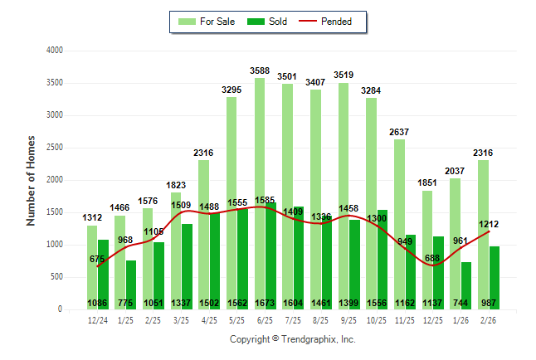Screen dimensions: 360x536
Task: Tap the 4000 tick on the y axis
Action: (54, 51)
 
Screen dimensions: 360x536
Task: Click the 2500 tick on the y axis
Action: (54, 148)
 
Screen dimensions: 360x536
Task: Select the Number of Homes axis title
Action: (31, 180)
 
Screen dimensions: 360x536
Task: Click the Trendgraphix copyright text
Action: (292, 340)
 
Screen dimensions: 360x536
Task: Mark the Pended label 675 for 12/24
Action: (97, 259)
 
